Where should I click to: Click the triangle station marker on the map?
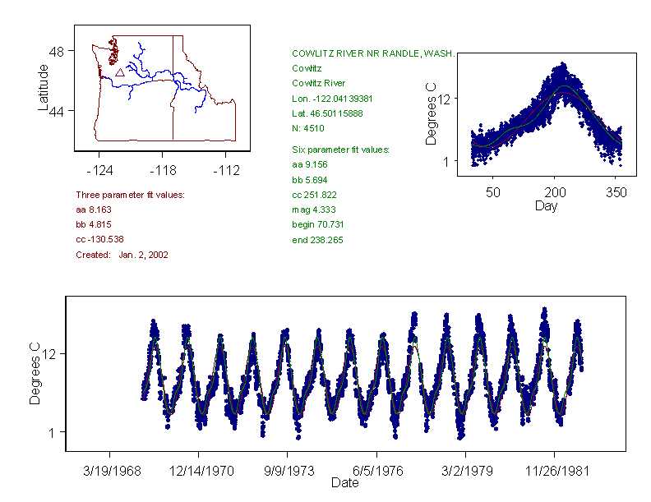(120, 72)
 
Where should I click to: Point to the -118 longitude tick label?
(163, 171)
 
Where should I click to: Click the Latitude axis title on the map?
(44, 87)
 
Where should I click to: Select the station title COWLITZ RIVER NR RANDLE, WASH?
(373, 53)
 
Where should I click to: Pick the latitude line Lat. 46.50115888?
(326, 113)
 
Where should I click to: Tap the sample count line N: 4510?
(308, 129)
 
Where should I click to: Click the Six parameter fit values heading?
(340, 150)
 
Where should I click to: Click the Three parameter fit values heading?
(130, 195)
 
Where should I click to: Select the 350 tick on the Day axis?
(616, 192)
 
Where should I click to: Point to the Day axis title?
(546, 205)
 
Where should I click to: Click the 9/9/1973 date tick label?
(287, 472)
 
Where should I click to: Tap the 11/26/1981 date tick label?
(554, 472)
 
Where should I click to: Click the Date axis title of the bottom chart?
(345, 483)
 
